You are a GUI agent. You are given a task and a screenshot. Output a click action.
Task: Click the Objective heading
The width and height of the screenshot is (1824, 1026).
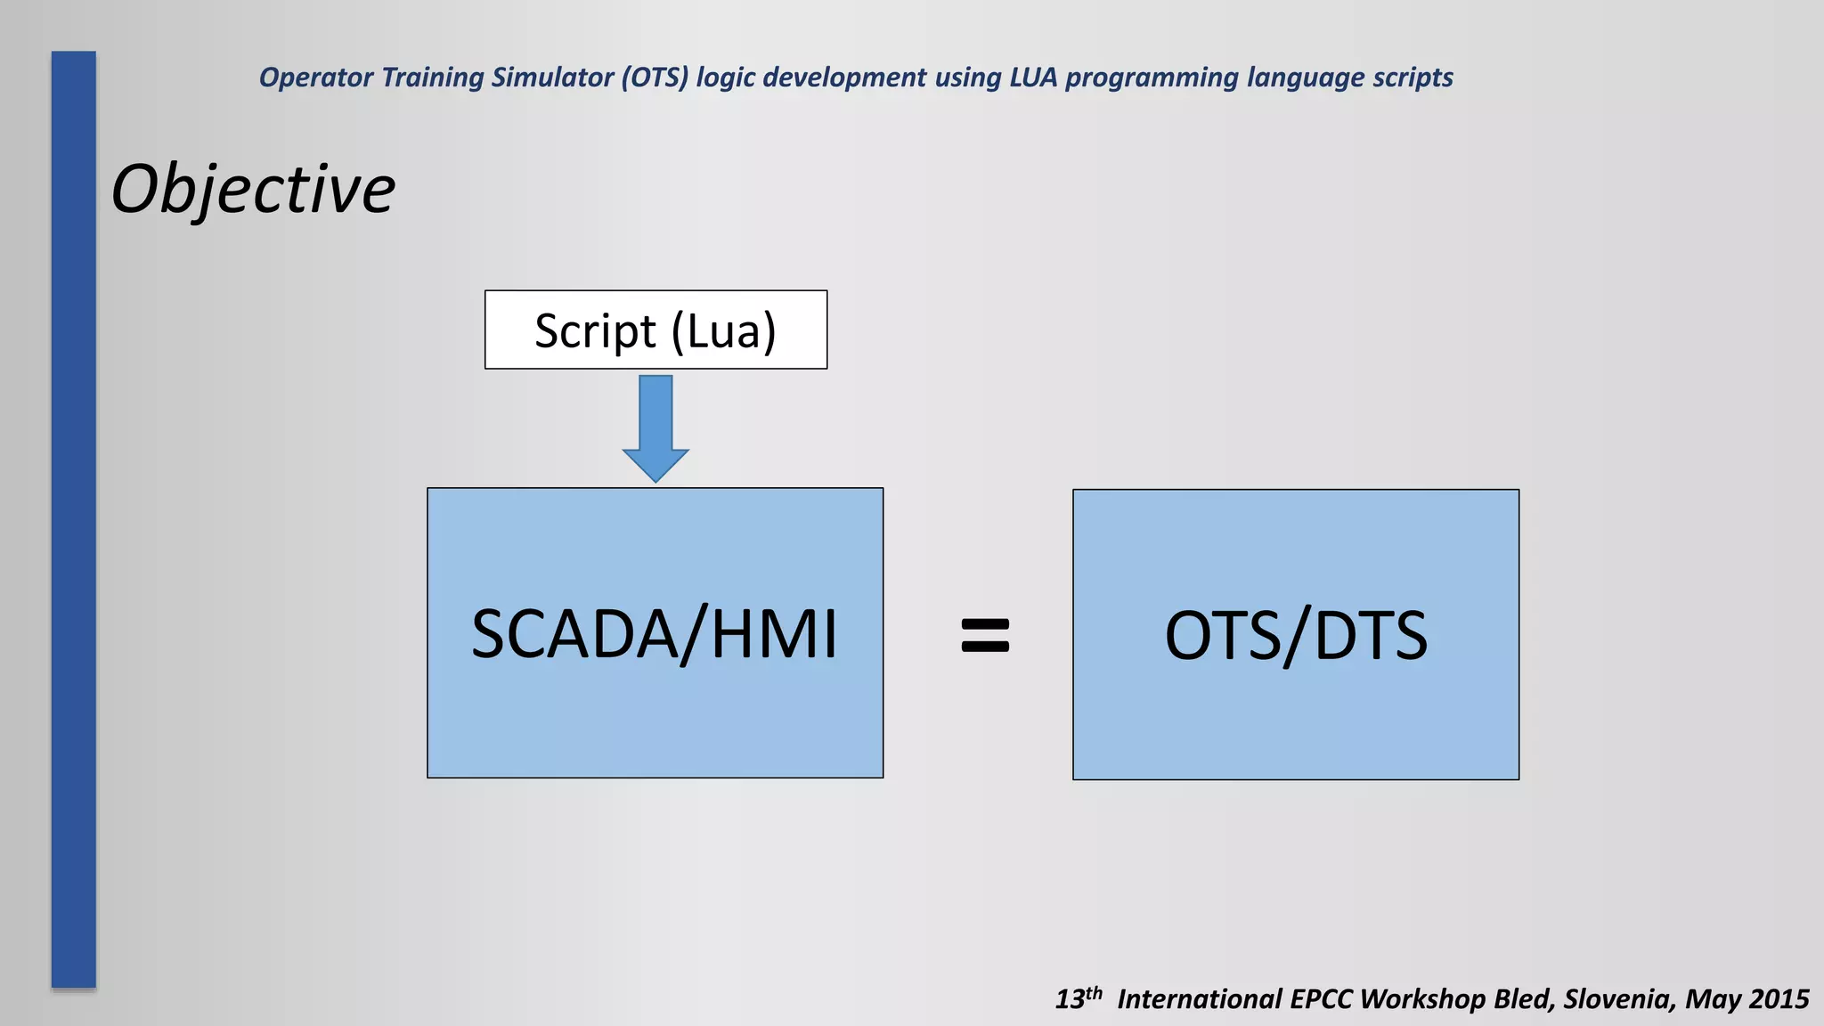pyautogui.click(x=253, y=190)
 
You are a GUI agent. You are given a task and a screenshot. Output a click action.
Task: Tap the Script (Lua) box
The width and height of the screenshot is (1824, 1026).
pyautogui.click(x=655, y=330)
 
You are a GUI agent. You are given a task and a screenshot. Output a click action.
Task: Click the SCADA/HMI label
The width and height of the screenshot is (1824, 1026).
pyautogui.click(x=655, y=634)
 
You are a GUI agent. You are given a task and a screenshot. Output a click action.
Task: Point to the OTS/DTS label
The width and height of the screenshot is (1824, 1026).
pyautogui.click(x=1296, y=636)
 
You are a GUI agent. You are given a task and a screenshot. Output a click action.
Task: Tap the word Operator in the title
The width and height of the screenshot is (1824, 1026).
pyautogui.click(x=316, y=78)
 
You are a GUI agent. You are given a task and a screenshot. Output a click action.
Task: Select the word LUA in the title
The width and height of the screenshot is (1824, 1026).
pyautogui.click(x=1033, y=77)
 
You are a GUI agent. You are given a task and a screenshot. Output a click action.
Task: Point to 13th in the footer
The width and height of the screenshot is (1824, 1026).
pyautogui.click(x=1079, y=997)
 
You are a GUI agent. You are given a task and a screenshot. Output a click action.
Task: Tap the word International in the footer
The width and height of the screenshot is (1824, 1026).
pyautogui.click(x=1199, y=999)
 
